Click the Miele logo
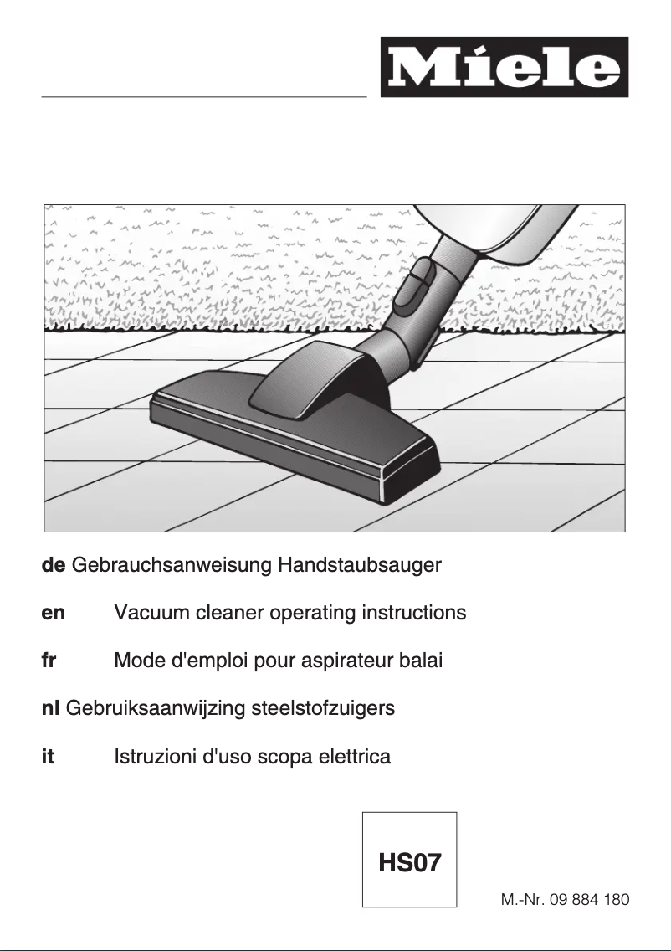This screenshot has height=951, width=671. [504, 67]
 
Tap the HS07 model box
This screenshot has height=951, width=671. [409, 860]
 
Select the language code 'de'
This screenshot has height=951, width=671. [54, 565]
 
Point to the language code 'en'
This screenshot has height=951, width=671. [53, 613]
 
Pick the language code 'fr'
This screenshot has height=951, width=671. [49, 661]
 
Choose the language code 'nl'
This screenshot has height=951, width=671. [49, 709]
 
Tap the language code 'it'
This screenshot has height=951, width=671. [48, 758]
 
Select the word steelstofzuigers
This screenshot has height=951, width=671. [326, 709]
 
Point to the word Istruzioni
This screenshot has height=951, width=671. [156, 758]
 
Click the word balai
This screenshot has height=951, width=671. [421, 661]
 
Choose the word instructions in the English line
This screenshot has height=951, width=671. [413, 613]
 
